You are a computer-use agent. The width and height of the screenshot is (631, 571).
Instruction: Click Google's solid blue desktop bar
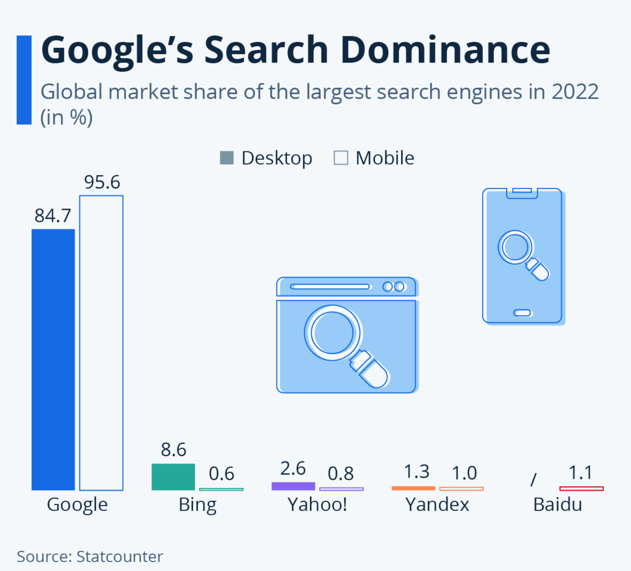pos(53,360)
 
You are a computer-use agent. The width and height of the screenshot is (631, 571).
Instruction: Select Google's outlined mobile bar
pos(102,343)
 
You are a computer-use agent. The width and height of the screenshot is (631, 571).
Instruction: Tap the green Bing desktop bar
pos(173,477)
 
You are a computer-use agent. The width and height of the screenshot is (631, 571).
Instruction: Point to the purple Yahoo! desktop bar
pos(293,486)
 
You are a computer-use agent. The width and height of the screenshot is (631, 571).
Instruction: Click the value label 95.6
pos(102,182)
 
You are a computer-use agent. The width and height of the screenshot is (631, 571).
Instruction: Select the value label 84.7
pos(53,216)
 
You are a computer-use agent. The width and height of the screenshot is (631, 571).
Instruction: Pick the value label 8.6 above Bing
pos(173,449)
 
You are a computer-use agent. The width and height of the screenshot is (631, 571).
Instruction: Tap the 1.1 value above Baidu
pos(580,472)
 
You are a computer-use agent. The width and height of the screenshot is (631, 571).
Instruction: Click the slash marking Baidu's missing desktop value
pos(534,479)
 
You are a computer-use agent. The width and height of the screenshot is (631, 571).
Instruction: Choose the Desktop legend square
pos(227,158)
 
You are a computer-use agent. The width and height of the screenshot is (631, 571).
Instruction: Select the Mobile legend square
pos(341,158)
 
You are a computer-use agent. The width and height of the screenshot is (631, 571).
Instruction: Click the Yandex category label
pos(437,504)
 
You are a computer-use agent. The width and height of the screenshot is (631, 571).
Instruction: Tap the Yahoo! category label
pos(317,504)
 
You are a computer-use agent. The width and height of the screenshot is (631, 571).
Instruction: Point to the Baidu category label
pos(557,504)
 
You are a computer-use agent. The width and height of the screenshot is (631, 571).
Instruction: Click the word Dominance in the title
pos(445,50)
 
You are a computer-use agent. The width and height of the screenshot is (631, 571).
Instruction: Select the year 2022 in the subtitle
pos(575,92)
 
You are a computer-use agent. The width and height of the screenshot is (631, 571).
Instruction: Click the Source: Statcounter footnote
pos(90,557)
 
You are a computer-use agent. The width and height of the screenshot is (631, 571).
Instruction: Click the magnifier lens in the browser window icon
pos(333,333)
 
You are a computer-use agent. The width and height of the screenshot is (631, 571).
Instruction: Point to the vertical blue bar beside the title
pos(24,80)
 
